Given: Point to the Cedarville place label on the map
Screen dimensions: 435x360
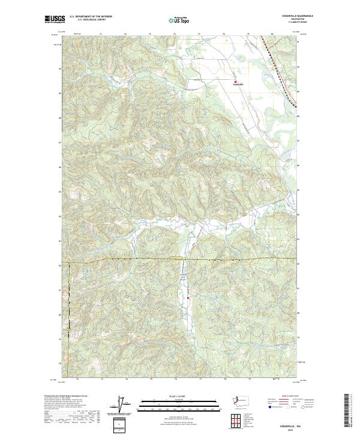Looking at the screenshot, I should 238,85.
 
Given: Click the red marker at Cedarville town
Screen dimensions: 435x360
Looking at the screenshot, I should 235,82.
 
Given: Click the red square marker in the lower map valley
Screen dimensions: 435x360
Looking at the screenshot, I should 188,297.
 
